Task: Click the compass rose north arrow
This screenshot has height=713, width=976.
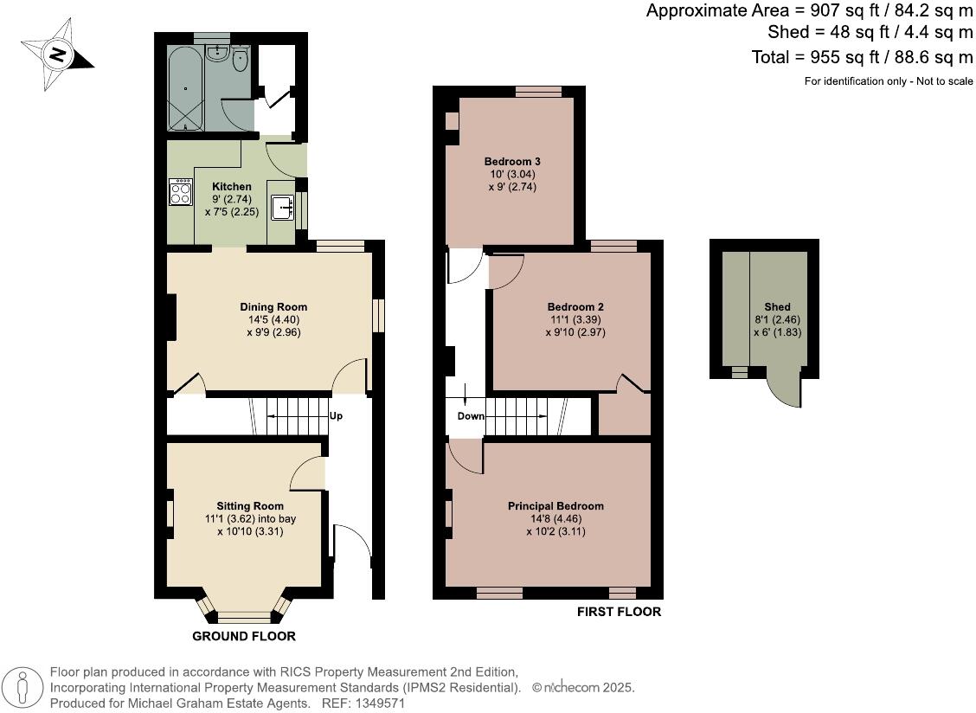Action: click(x=57, y=55)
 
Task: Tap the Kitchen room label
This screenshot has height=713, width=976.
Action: click(x=232, y=187)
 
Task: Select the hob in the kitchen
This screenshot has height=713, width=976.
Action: click(x=181, y=192)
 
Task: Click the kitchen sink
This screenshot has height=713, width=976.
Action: click(x=283, y=209)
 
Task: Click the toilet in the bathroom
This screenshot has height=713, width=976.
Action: click(x=241, y=59)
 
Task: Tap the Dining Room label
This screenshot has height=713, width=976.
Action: click(x=273, y=307)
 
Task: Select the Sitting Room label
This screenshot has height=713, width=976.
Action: click(x=250, y=506)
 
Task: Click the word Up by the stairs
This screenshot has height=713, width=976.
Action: click(x=336, y=416)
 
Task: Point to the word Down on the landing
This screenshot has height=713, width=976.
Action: click(x=471, y=416)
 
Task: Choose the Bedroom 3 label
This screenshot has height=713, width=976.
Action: click(x=512, y=162)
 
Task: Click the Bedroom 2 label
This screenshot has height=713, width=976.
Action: click(x=575, y=307)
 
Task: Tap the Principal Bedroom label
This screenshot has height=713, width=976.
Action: click(x=555, y=506)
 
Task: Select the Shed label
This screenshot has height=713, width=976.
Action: click(x=777, y=307)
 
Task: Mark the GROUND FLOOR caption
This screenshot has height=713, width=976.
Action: click(x=243, y=636)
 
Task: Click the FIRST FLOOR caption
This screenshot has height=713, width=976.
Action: click(x=619, y=612)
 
